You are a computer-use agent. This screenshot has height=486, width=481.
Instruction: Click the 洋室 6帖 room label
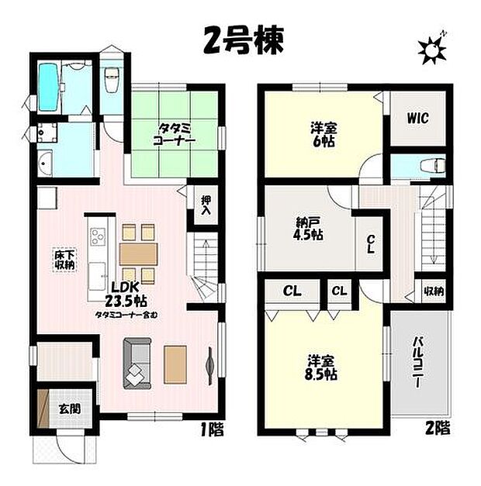tap(322, 135)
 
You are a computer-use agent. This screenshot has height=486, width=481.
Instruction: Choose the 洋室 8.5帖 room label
tap(321, 367)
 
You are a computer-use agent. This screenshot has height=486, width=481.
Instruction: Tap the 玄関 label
tap(66, 406)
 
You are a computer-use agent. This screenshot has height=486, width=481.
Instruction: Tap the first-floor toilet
tap(110, 78)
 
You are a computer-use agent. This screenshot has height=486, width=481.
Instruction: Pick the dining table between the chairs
tap(139, 254)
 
